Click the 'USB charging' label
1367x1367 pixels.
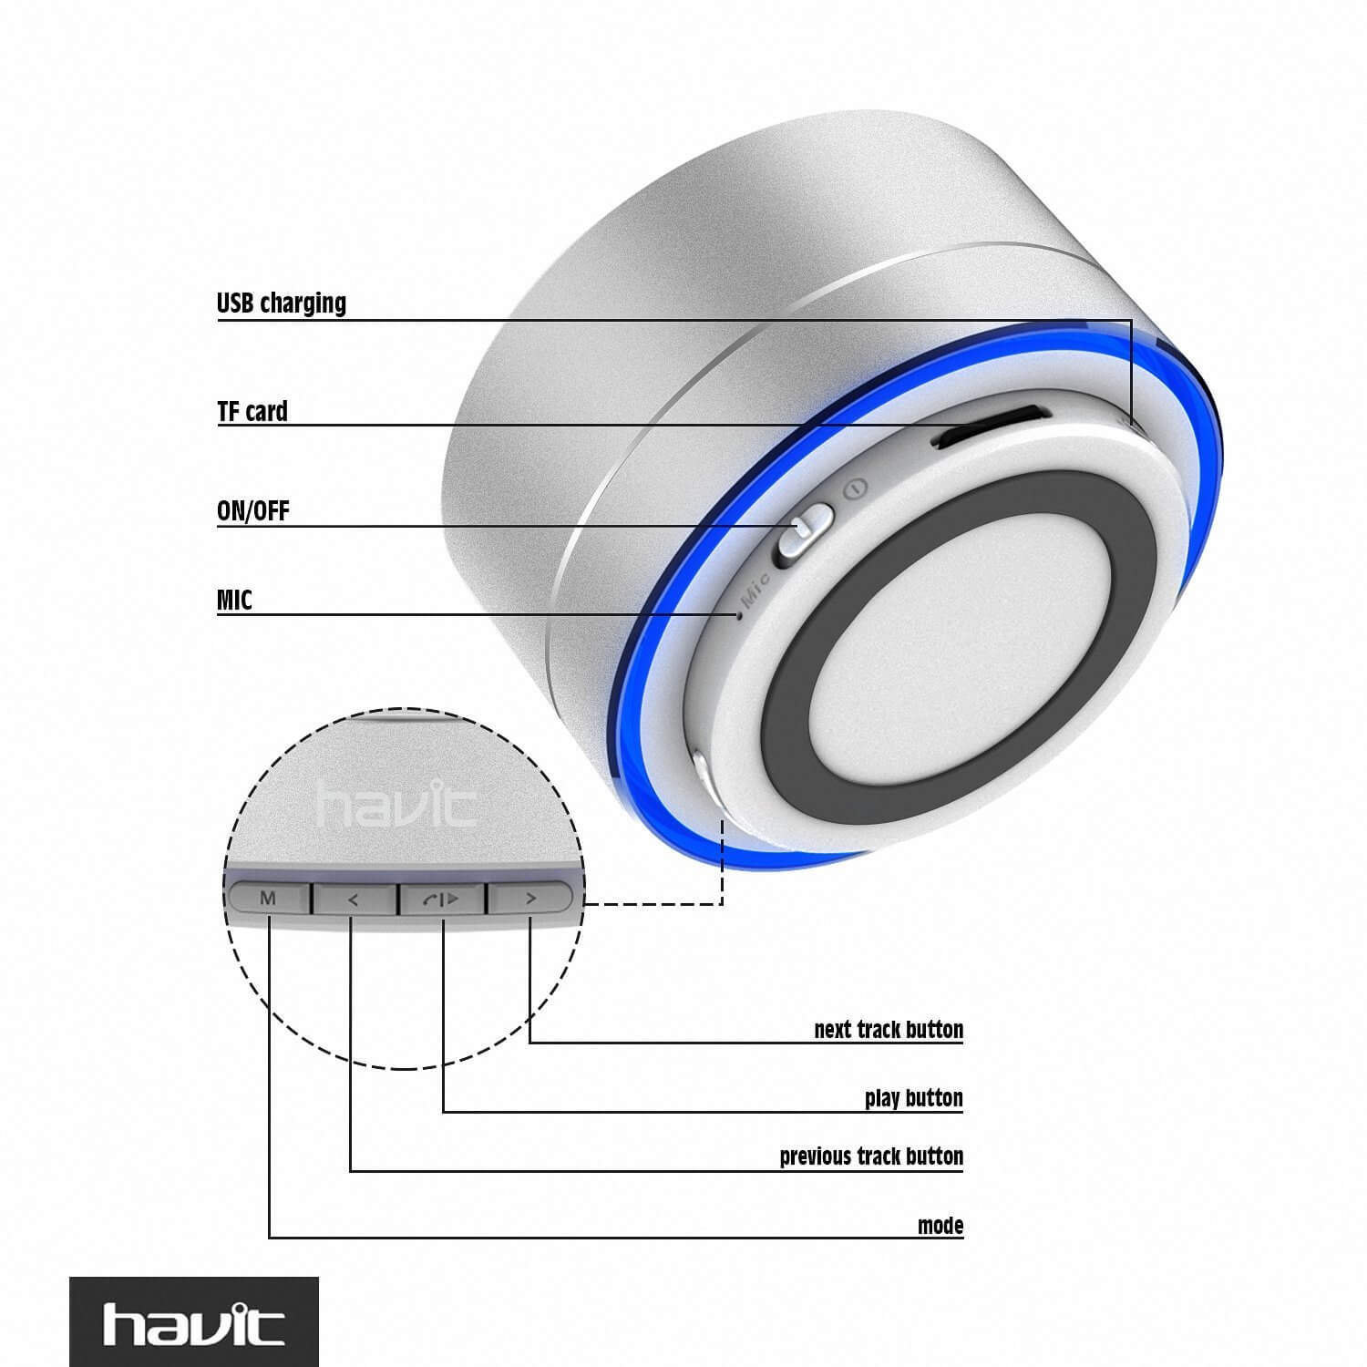point(282,303)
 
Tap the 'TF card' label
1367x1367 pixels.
point(252,412)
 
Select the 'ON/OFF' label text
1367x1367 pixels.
point(253,511)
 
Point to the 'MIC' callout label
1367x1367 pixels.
point(234,601)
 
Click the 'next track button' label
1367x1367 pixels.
point(889,1030)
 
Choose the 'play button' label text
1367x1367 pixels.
point(914,1098)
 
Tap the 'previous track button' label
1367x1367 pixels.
point(871,1156)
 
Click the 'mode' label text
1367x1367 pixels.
point(940,1226)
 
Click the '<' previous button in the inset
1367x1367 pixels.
point(355,899)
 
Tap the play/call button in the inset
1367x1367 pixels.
point(442,899)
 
